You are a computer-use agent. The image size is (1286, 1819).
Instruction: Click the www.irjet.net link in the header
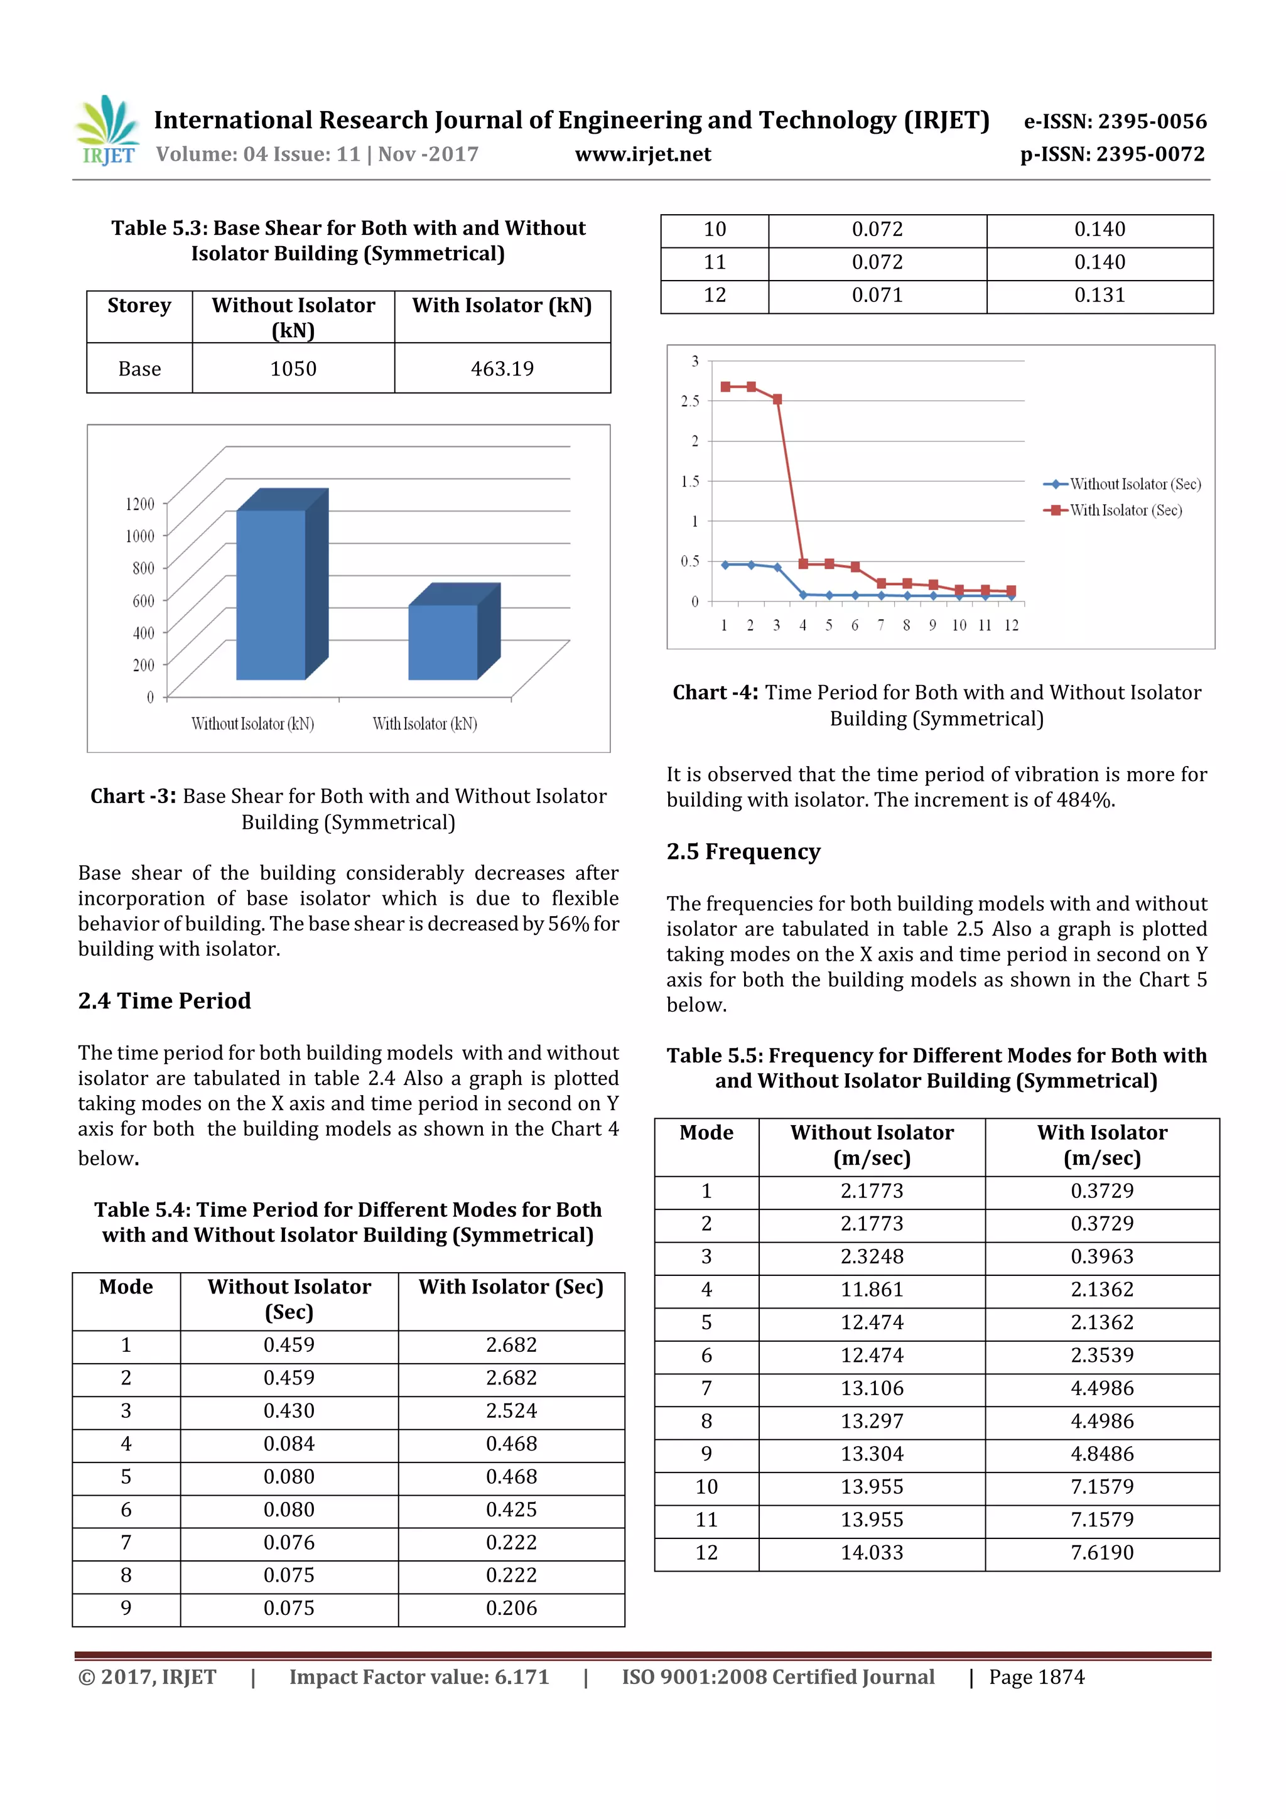point(642,154)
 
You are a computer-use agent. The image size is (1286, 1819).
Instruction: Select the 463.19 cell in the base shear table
point(502,369)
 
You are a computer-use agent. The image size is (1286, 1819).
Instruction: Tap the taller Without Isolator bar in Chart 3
point(271,594)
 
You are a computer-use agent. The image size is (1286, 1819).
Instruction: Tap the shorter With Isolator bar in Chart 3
point(443,642)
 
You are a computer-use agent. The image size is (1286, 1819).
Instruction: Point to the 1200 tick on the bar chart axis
point(140,504)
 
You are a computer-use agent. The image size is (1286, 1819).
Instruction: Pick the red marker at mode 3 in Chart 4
point(777,399)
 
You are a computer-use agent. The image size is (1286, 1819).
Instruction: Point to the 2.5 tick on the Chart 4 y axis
point(690,401)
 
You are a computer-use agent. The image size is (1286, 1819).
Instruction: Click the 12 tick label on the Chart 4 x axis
point(1011,625)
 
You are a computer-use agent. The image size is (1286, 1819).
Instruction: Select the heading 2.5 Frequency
point(743,851)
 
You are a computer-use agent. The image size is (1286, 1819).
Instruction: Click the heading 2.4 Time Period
point(164,1001)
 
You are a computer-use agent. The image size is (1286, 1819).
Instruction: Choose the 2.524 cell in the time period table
point(511,1411)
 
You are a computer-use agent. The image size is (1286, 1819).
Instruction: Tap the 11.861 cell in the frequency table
point(872,1290)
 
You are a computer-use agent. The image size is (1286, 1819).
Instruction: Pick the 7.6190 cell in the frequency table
point(1101,1553)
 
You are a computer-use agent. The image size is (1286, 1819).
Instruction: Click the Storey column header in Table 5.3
point(139,306)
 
